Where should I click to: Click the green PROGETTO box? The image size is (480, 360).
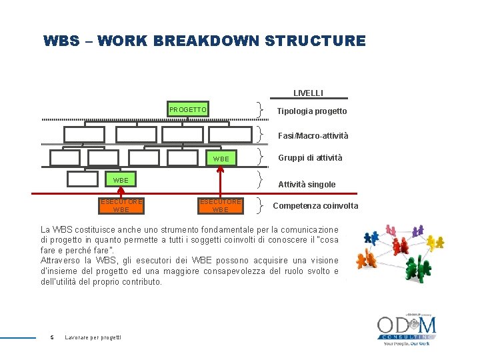188,109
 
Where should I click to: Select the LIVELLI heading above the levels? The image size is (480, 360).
308,93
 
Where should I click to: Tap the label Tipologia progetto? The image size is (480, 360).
311,111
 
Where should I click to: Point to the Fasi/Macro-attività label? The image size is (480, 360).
313,136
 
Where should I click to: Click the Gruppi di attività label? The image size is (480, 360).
310,158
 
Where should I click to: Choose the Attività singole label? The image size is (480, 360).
307,185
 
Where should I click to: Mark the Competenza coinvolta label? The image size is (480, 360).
315,206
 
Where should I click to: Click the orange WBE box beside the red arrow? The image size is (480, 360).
221,159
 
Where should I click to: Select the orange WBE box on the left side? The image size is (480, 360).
121,180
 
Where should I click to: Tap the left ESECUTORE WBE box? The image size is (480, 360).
121,205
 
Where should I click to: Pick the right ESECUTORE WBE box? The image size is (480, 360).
221,205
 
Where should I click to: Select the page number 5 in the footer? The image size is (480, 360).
52,337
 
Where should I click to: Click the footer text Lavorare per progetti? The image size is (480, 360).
93,337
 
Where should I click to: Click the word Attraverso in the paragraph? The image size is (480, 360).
61,260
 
